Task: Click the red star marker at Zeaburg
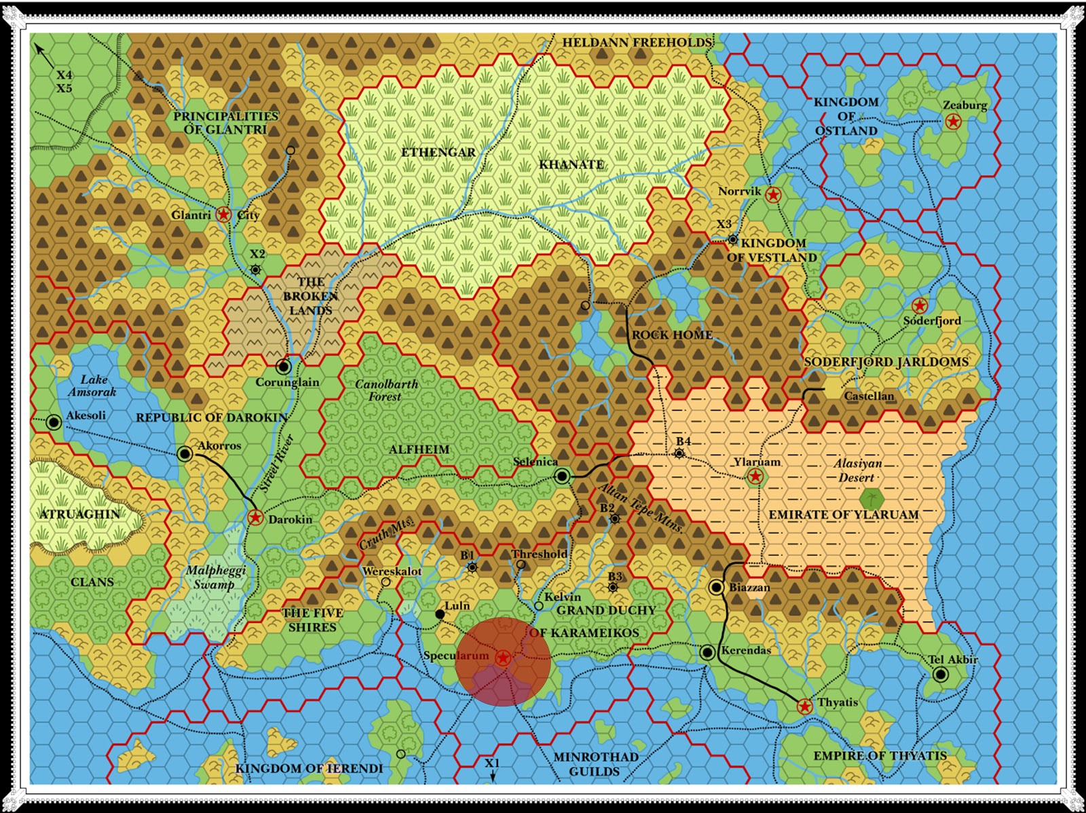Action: coord(953,121)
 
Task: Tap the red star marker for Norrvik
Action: coord(772,195)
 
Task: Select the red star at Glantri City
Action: coord(223,214)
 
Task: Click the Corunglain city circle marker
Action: coord(284,366)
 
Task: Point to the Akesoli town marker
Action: coord(54,422)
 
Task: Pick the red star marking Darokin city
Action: coord(255,518)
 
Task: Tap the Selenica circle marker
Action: coord(562,476)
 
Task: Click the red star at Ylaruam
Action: coord(755,476)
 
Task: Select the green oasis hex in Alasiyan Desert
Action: coord(872,499)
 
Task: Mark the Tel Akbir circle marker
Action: coord(940,674)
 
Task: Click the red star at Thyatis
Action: coord(804,706)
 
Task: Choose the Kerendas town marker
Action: coord(707,652)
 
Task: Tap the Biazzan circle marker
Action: coord(717,587)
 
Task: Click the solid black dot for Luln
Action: coord(440,614)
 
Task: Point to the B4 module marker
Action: coord(679,453)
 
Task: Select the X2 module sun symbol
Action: coord(255,269)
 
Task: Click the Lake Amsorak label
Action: coord(93,385)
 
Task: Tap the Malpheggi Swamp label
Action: coord(215,577)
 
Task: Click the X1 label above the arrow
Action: coord(492,763)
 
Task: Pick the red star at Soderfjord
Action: coord(920,305)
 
